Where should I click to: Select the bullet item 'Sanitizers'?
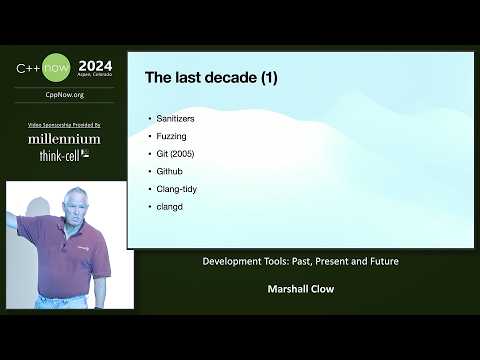tap(176, 118)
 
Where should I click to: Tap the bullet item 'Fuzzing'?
tap(172, 134)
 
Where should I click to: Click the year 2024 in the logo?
tap(96, 66)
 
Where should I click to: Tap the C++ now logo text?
tap(44, 69)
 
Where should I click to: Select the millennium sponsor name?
tap(64, 139)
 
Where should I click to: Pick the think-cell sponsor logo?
tap(64, 156)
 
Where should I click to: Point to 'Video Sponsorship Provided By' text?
tap(64, 124)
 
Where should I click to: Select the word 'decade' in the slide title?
tap(219, 76)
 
